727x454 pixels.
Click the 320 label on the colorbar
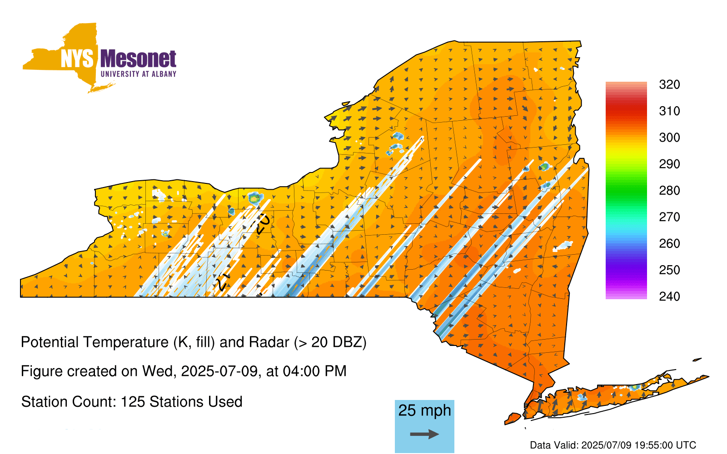click(x=669, y=84)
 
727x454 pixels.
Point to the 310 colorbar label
click(x=669, y=111)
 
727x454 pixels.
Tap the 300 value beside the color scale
click(x=669, y=138)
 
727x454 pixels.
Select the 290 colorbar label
click(x=669, y=164)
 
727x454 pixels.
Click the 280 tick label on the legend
click(x=669, y=190)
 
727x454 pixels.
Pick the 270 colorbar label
click(x=669, y=217)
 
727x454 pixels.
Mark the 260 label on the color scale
click(x=669, y=243)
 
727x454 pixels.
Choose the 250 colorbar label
click(x=669, y=270)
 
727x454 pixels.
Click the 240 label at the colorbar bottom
click(x=669, y=296)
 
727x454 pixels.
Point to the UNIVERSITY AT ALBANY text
click(x=139, y=74)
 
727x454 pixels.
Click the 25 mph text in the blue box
click(x=424, y=410)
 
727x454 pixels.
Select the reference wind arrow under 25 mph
click(x=424, y=434)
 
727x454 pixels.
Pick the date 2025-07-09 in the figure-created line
click(x=219, y=371)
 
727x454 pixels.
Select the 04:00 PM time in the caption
click(x=314, y=371)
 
